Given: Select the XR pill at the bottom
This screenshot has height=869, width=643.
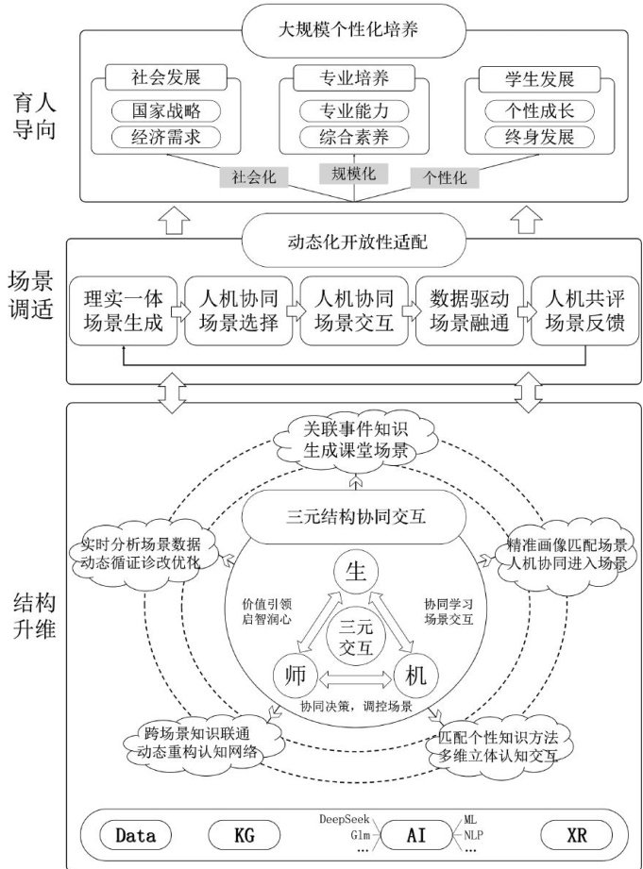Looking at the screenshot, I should coord(576,834).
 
